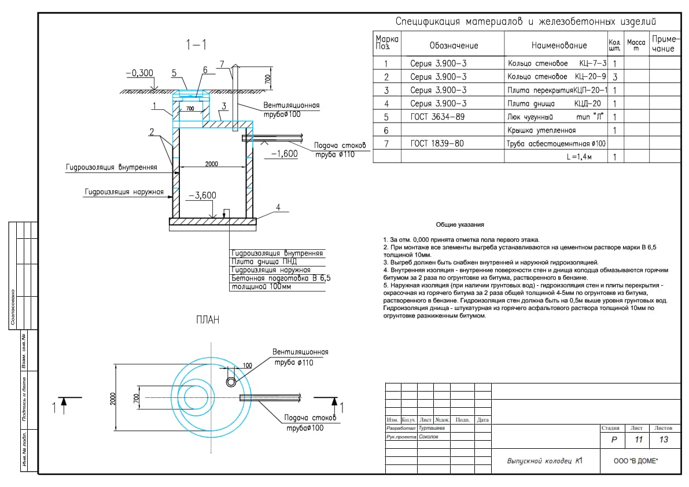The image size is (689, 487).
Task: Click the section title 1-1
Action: click(196, 45)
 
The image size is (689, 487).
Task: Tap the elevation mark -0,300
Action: click(139, 73)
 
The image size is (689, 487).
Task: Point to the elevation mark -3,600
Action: click(202, 195)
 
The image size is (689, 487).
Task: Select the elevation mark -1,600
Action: click(284, 154)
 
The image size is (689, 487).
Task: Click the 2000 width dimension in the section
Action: click(211, 164)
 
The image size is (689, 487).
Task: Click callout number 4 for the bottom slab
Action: click(278, 207)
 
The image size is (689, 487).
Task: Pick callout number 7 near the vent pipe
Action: click(222, 64)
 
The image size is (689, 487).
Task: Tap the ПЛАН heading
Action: click(208, 320)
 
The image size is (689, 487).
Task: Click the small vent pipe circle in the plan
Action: click(231, 382)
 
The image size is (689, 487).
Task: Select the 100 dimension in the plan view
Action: click(248, 366)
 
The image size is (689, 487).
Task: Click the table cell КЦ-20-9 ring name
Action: click(557, 76)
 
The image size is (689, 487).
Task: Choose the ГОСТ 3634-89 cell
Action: click(437, 117)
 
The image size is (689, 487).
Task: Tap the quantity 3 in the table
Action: click(615, 77)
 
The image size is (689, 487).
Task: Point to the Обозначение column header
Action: click(454, 46)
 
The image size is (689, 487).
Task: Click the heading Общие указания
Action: click(460, 224)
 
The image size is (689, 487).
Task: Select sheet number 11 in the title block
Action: click(639, 440)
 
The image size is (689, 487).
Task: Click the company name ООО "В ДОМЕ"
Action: click(636, 460)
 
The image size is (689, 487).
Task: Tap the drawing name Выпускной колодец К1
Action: click(545, 460)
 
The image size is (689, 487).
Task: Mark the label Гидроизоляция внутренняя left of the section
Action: click(112, 167)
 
